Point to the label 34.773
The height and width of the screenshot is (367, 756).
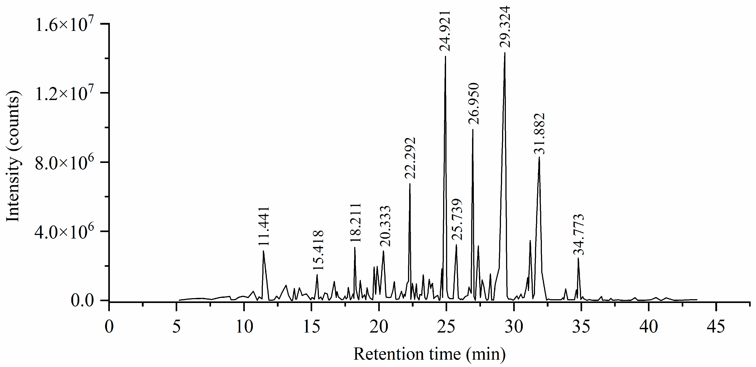pyautogui.click(x=579, y=235)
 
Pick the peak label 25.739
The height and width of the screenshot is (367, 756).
pyautogui.click(x=457, y=220)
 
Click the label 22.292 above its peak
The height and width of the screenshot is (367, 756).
pyautogui.click(x=410, y=158)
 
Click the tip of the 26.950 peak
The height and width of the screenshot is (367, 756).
pyautogui.click(x=472, y=130)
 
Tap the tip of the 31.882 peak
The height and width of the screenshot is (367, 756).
pyautogui.click(x=539, y=157)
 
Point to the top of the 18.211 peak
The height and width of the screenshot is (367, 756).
pyautogui.click(x=355, y=248)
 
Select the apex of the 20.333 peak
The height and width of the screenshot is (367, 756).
pyautogui.click(x=383, y=251)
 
